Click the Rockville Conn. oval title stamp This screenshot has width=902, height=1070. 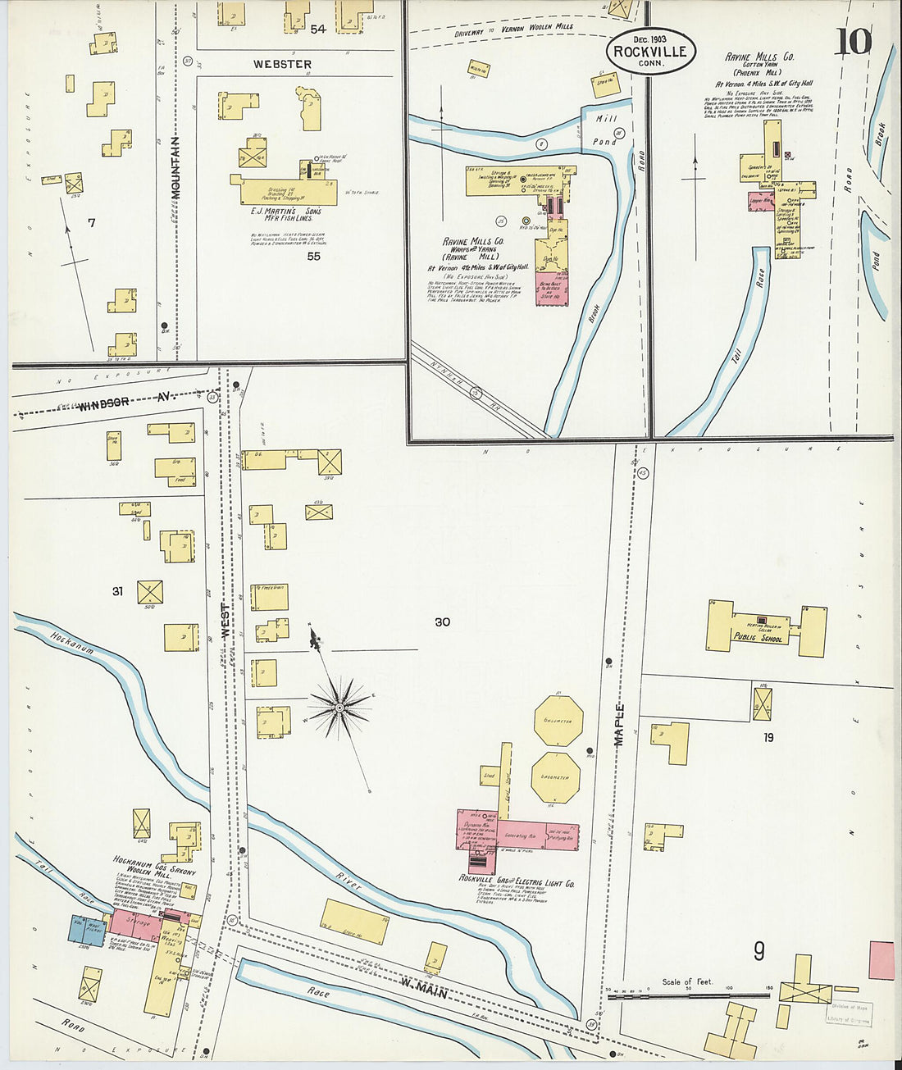click(x=651, y=51)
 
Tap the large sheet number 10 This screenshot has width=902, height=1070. click(x=853, y=41)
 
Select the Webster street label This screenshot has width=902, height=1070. click(x=282, y=64)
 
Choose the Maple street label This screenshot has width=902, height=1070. click(x=620, y=724)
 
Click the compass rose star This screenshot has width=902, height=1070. click(x=339, y=707)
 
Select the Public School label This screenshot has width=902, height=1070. click(x=758, y=637)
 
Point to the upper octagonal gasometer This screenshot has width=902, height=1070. click(x=558, y=721)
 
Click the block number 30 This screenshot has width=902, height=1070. click(x=442, y=622)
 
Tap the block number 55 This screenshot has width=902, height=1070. click(x=313, y=256)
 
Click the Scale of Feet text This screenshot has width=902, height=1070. click(x=687, y=981)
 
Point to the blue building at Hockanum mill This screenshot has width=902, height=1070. click(x=86, y=930)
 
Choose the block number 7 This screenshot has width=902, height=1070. click(x=92, y=222)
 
